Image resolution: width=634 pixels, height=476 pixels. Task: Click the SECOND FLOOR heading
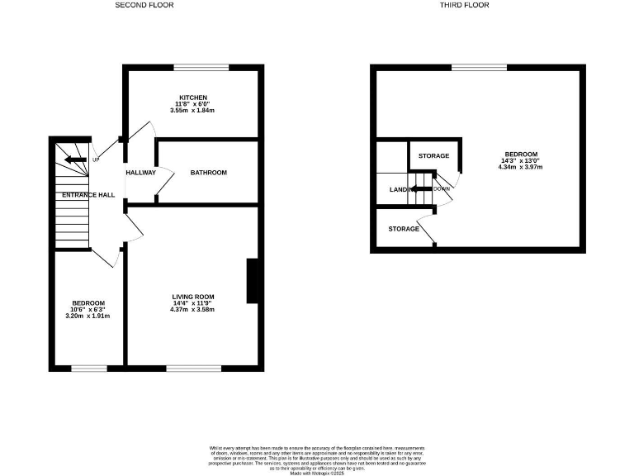(x=144, y=5)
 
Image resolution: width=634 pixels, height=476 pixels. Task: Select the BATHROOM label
(x=208, y=173)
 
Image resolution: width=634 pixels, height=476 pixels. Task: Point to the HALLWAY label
(x=141, y=173)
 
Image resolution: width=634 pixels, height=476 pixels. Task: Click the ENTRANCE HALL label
(x=88, y=195)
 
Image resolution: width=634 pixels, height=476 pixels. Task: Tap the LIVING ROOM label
(x=193, y=297)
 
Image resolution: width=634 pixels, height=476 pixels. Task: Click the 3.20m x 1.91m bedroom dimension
(x=88, y=316)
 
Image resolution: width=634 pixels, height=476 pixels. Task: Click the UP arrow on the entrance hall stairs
(x=76, y=159)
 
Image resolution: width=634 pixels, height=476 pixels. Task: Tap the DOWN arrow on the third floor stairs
(x=423, y=189)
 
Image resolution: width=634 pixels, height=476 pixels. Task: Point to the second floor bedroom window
(x=88, y=368)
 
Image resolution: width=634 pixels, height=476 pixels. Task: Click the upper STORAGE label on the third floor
(x=433, y=156)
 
